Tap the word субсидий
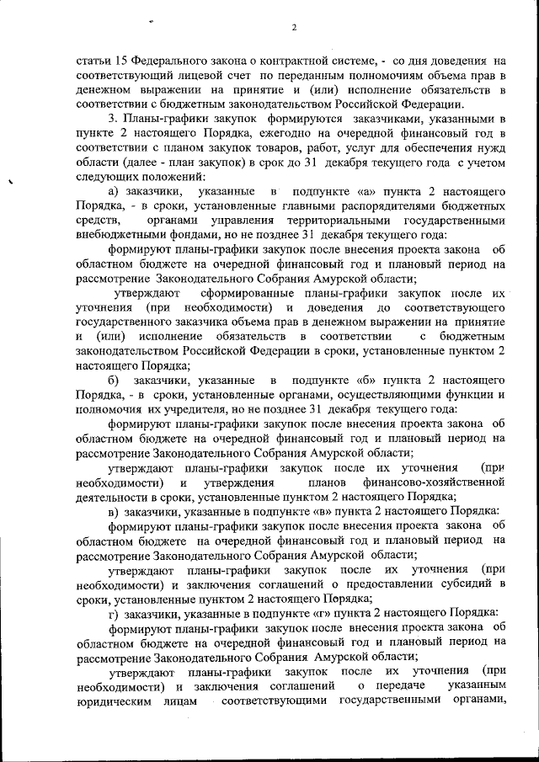pyautogui.click(x=462, y=583)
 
